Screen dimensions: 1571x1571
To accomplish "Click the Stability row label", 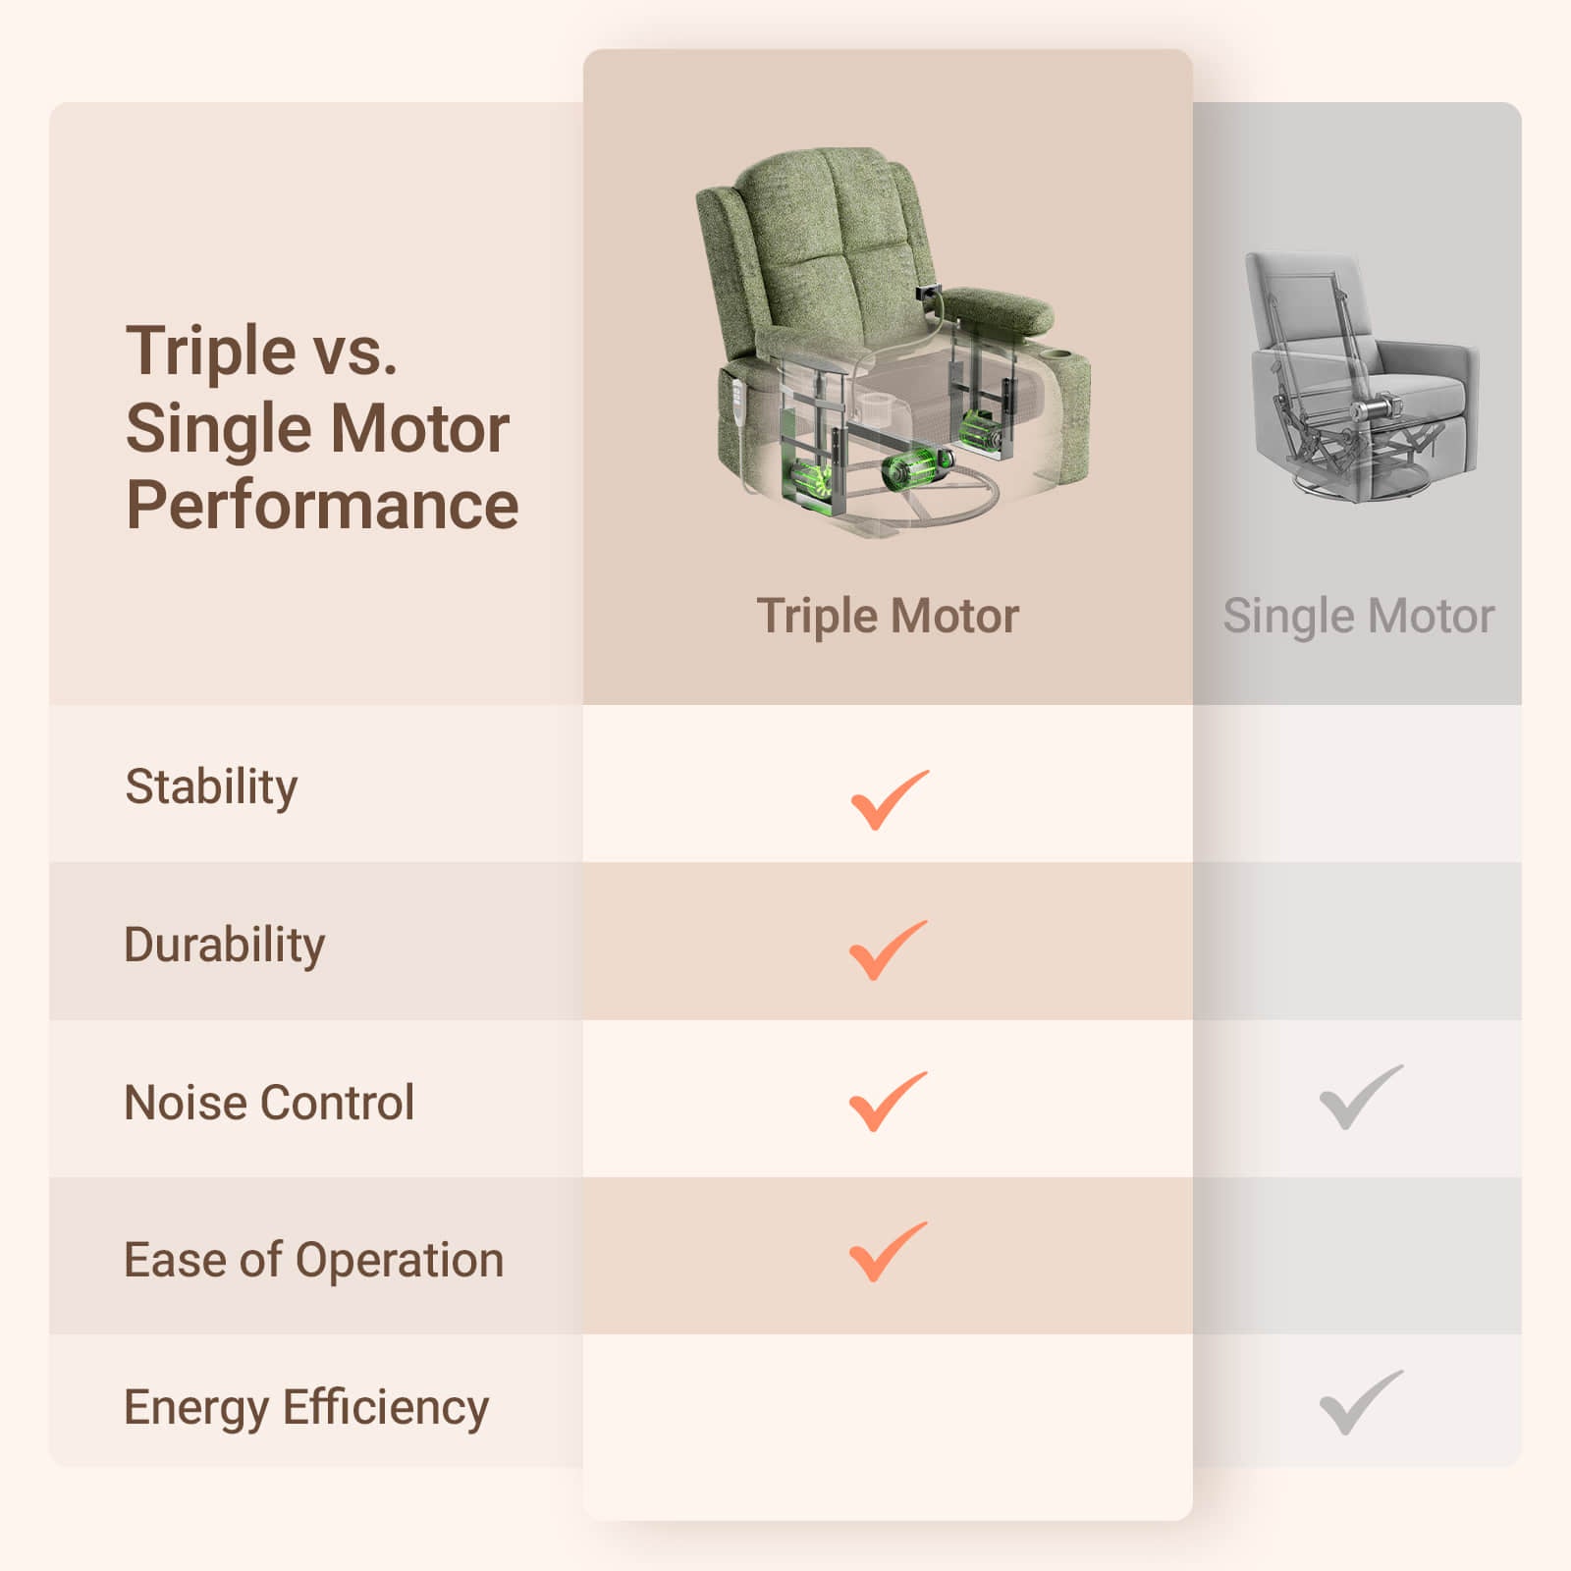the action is [211, 787].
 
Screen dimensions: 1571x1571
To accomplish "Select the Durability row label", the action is [224, 946].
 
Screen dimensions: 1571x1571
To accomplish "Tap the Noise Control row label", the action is [269, 1103].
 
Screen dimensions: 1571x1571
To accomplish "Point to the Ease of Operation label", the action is [313, 1260].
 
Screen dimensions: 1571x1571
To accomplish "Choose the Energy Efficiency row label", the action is [306, 1408].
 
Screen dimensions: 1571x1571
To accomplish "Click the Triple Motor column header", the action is [888, 617].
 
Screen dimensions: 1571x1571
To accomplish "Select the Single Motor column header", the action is [1358, 617].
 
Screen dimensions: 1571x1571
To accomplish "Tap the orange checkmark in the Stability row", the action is [889, 799].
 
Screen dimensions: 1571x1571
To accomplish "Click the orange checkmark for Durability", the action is [888, 949].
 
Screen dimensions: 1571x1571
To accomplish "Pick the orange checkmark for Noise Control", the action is [888, 1101].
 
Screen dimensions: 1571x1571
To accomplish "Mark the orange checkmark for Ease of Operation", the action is [888, 1251].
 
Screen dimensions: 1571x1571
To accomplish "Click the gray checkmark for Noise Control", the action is [1361, 1096].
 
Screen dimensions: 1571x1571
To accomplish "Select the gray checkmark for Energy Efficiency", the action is [1361, 1402].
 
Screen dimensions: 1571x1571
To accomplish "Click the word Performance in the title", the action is [322, 506].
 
